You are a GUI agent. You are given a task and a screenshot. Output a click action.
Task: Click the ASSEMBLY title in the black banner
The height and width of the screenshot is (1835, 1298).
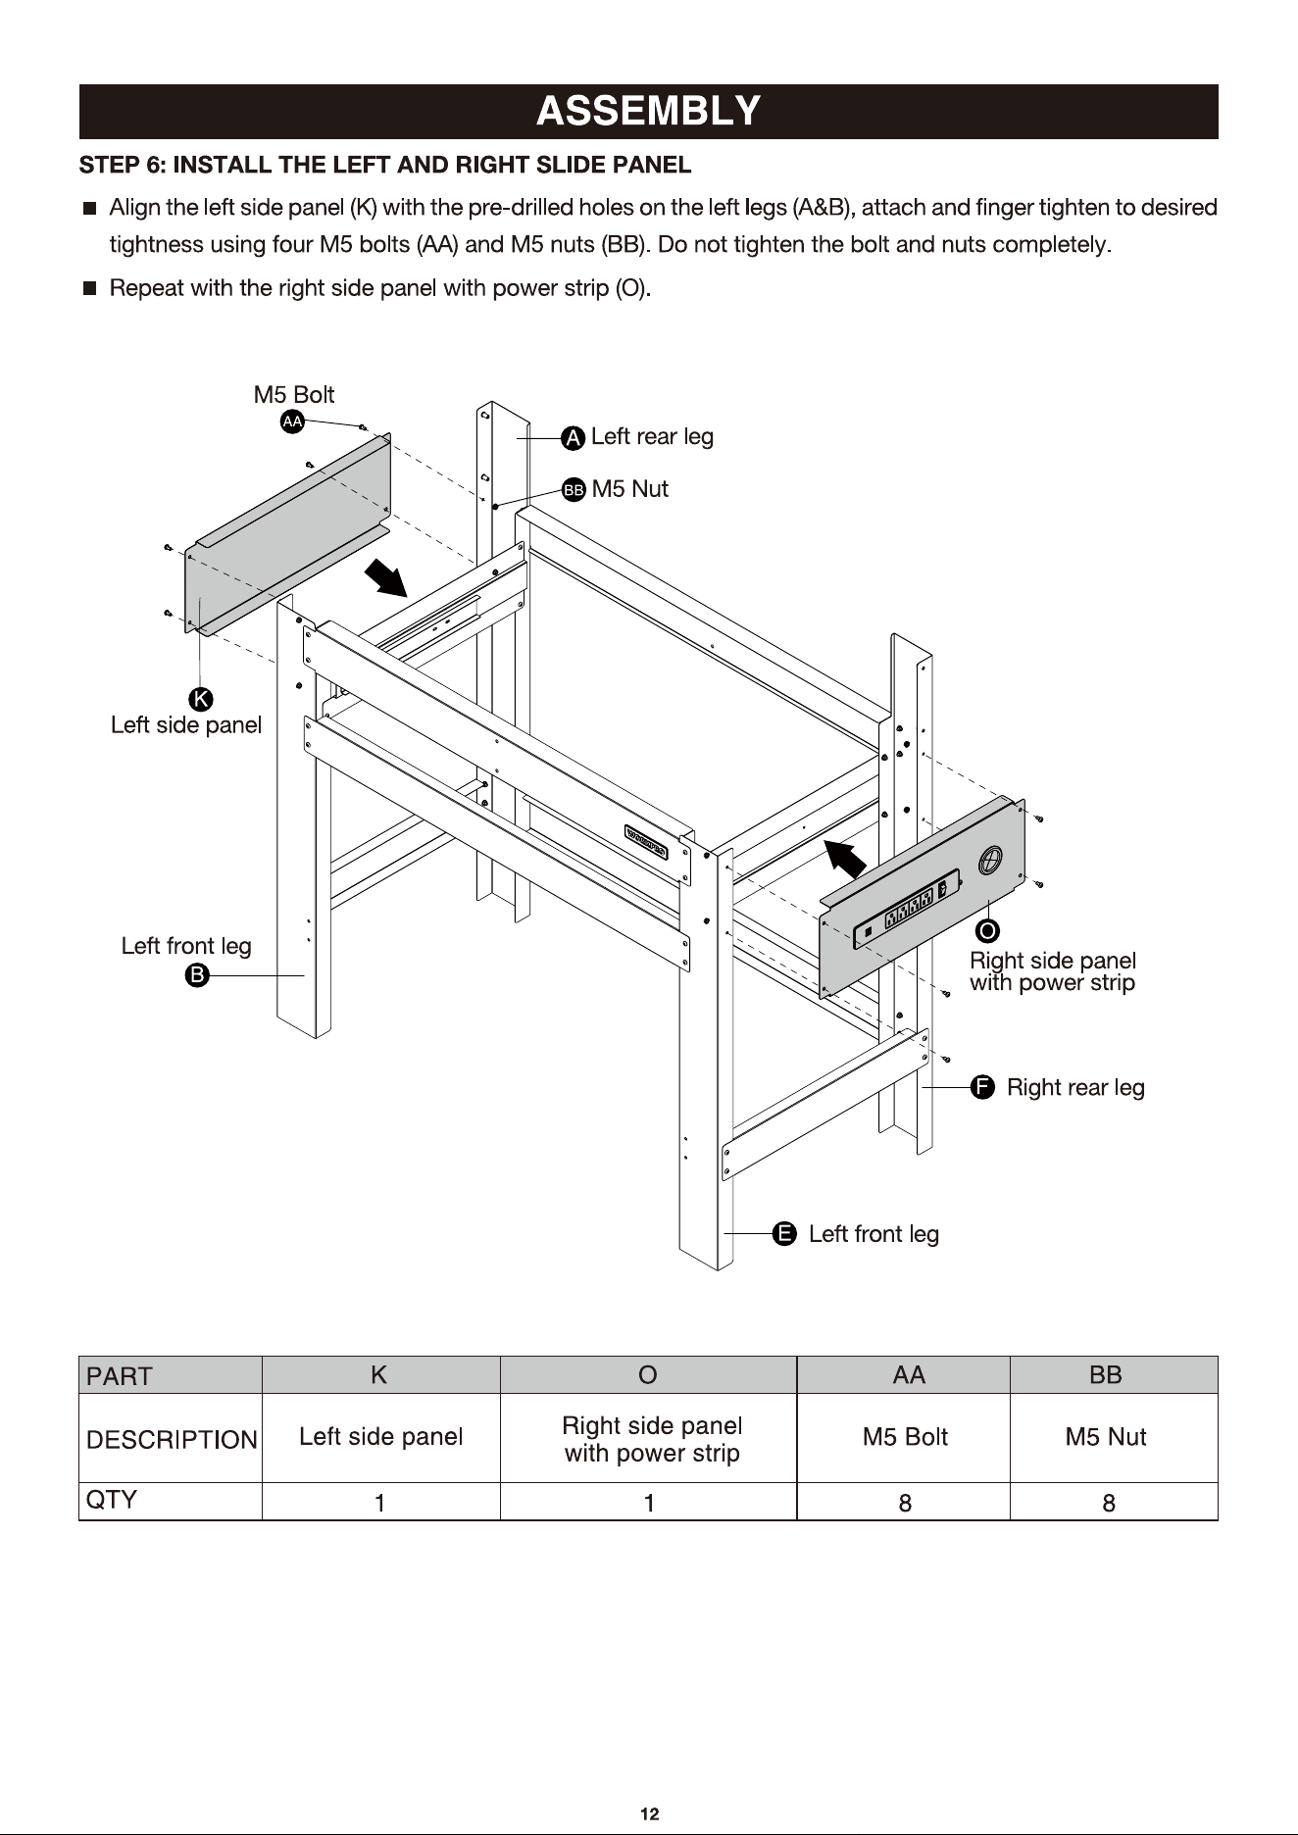click(648, 111)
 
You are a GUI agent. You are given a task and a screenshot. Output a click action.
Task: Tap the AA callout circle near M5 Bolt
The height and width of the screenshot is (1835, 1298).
click(292, 422)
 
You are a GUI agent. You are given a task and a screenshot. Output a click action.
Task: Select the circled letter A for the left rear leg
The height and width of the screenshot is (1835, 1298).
click(574, 438)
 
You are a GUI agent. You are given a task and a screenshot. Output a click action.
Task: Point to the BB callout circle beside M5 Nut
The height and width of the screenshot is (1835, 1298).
click(574, 489)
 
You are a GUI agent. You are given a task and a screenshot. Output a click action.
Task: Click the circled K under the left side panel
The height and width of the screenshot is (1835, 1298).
click(201, 699)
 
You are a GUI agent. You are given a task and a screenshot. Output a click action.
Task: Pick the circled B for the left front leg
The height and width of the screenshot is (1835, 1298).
click(197, 975)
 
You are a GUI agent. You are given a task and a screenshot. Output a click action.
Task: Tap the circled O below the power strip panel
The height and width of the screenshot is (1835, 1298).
click(988, 929)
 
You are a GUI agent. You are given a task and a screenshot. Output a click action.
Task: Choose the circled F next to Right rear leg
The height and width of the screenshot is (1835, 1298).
click(982, 1087)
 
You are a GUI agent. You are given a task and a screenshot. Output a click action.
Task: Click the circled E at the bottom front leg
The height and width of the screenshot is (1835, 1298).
click(784, 1233)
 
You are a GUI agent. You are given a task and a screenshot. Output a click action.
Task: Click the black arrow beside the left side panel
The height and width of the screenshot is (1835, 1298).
click(386, 577)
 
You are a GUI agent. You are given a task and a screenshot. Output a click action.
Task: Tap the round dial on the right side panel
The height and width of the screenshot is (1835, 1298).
click(990, 860)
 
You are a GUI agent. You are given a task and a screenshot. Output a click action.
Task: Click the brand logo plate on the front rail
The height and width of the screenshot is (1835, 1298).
click(647, 841)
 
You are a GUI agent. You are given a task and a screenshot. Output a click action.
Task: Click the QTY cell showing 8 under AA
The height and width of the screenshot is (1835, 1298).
click(904, 1502)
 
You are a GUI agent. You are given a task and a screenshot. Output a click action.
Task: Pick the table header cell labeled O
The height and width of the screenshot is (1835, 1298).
click(648, 1375)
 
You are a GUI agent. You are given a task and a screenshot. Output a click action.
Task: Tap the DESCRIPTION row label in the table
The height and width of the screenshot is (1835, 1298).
click(172, 1439)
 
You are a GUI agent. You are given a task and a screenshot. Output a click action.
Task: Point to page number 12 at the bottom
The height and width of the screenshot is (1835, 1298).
click(649, 1814)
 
